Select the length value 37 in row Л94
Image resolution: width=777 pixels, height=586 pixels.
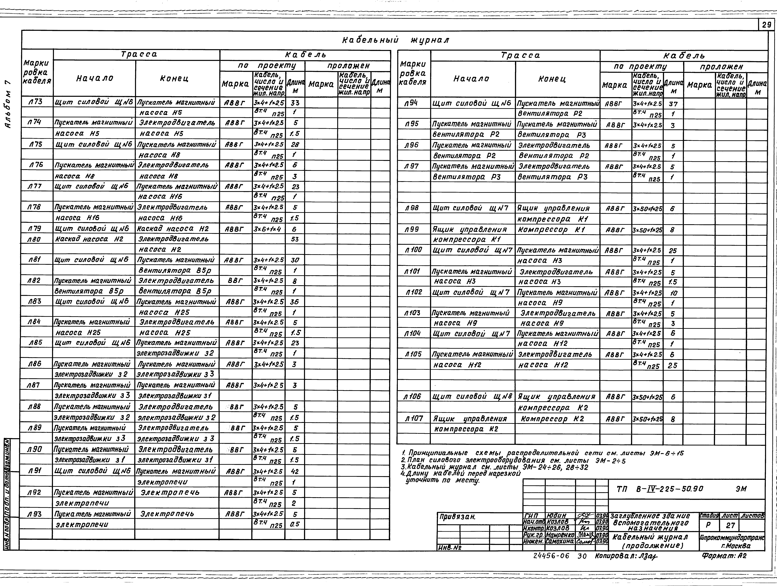pos(673,104)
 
